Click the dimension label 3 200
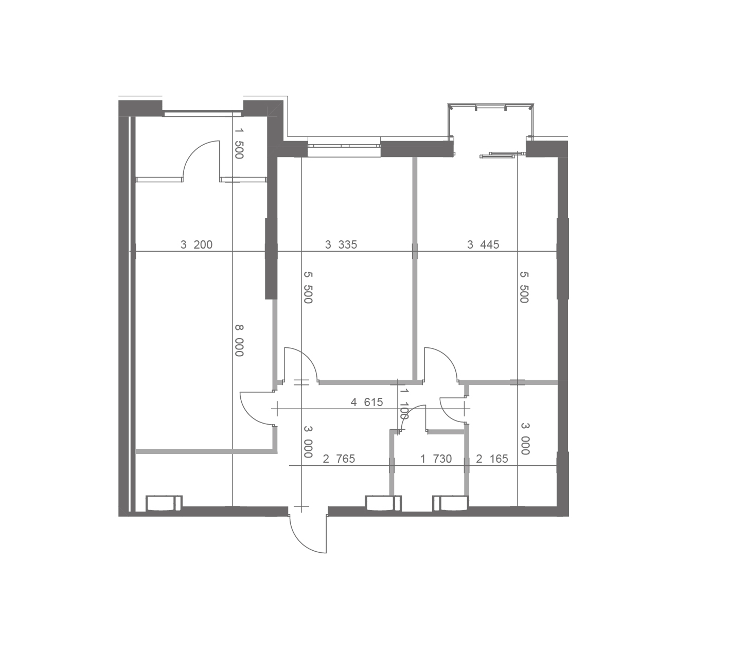coord(197,245)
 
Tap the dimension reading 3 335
coord(341,245)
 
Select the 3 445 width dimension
coord(483,245)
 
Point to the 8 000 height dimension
coord(239,340)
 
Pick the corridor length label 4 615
coord(367,402)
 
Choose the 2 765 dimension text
coord(339,459)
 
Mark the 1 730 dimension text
coord(436,459)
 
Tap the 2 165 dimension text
coord(492,459)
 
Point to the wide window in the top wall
coord(344,146)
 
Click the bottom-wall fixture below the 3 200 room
coord(164,503)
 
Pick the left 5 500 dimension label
coord(308,288)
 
